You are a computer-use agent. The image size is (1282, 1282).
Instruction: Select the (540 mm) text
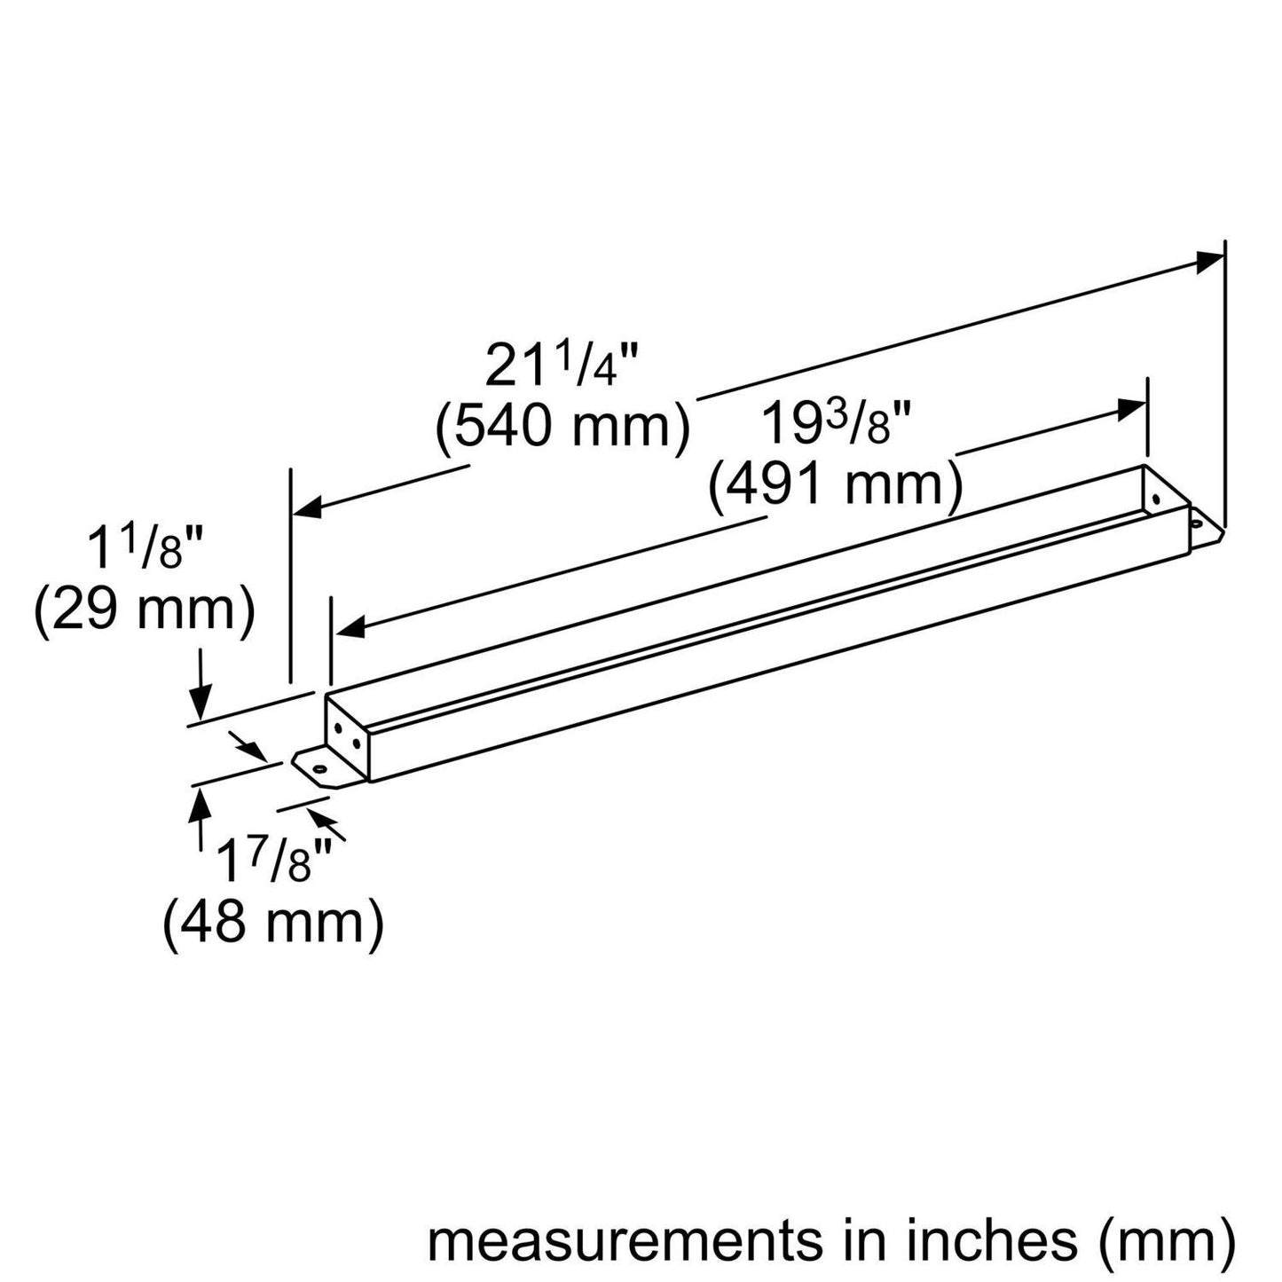click(562, 428)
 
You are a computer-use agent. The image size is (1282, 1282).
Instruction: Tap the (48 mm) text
click(272, 923)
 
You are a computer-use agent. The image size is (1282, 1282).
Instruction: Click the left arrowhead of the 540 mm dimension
click(307, 509)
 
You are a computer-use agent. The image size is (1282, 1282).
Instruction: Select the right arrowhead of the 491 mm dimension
click(1131, 410)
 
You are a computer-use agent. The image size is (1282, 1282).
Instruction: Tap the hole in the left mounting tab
click(316, 765)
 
